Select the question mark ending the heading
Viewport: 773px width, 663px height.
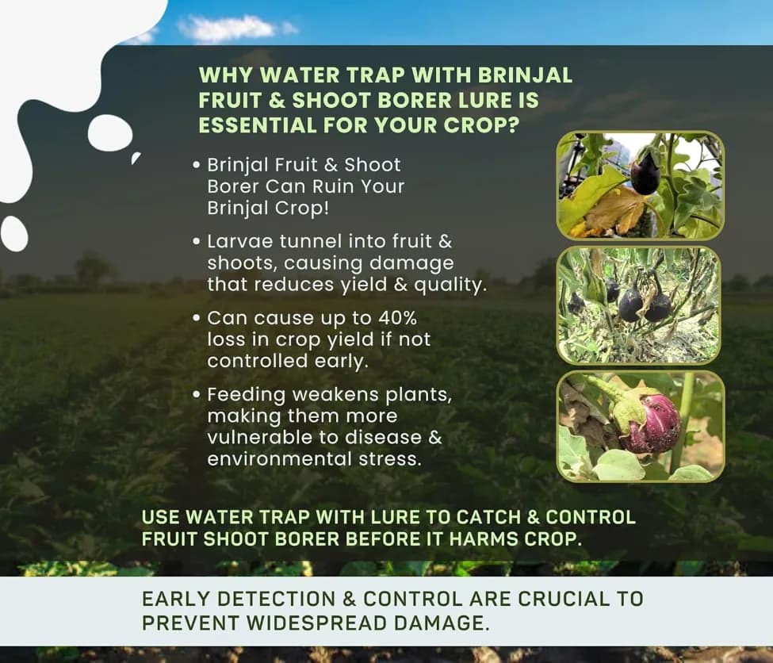point(524,125)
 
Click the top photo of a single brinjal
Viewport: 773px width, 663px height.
point(640,186)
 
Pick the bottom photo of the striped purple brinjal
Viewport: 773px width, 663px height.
point(640,426)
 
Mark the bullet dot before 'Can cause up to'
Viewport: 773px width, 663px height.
point(197,318)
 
